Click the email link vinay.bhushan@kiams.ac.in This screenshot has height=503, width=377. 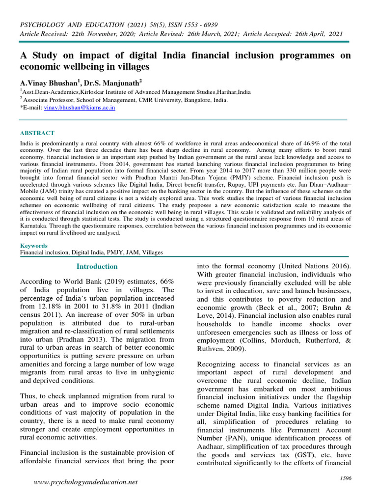(80, 107)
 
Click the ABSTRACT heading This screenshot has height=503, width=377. (37, 133)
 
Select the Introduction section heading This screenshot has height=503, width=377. (97, 266)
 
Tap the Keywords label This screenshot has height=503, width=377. (33, 246)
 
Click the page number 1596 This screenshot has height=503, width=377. (346, 478)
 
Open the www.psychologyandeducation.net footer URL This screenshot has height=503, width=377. (86, 482)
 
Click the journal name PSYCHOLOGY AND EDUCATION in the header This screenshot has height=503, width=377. (72, 25)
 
